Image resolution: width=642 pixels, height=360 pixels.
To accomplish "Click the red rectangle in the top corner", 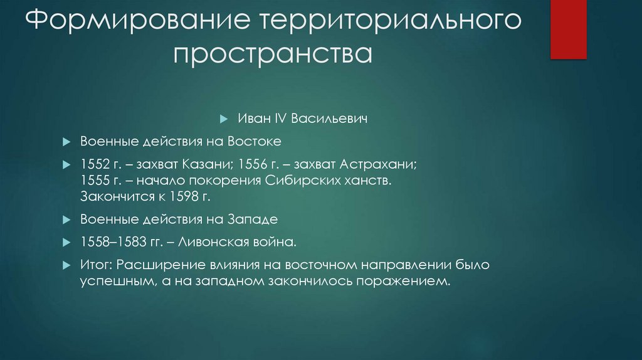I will pos(568,29).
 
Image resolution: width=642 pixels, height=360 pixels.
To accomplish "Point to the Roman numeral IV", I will pos(274,118).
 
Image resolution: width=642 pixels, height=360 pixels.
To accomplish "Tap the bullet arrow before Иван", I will pos(224,119).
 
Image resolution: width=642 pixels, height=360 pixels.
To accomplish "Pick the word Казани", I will pos(204,166).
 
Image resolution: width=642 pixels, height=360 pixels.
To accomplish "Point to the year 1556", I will pos(250,166).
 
